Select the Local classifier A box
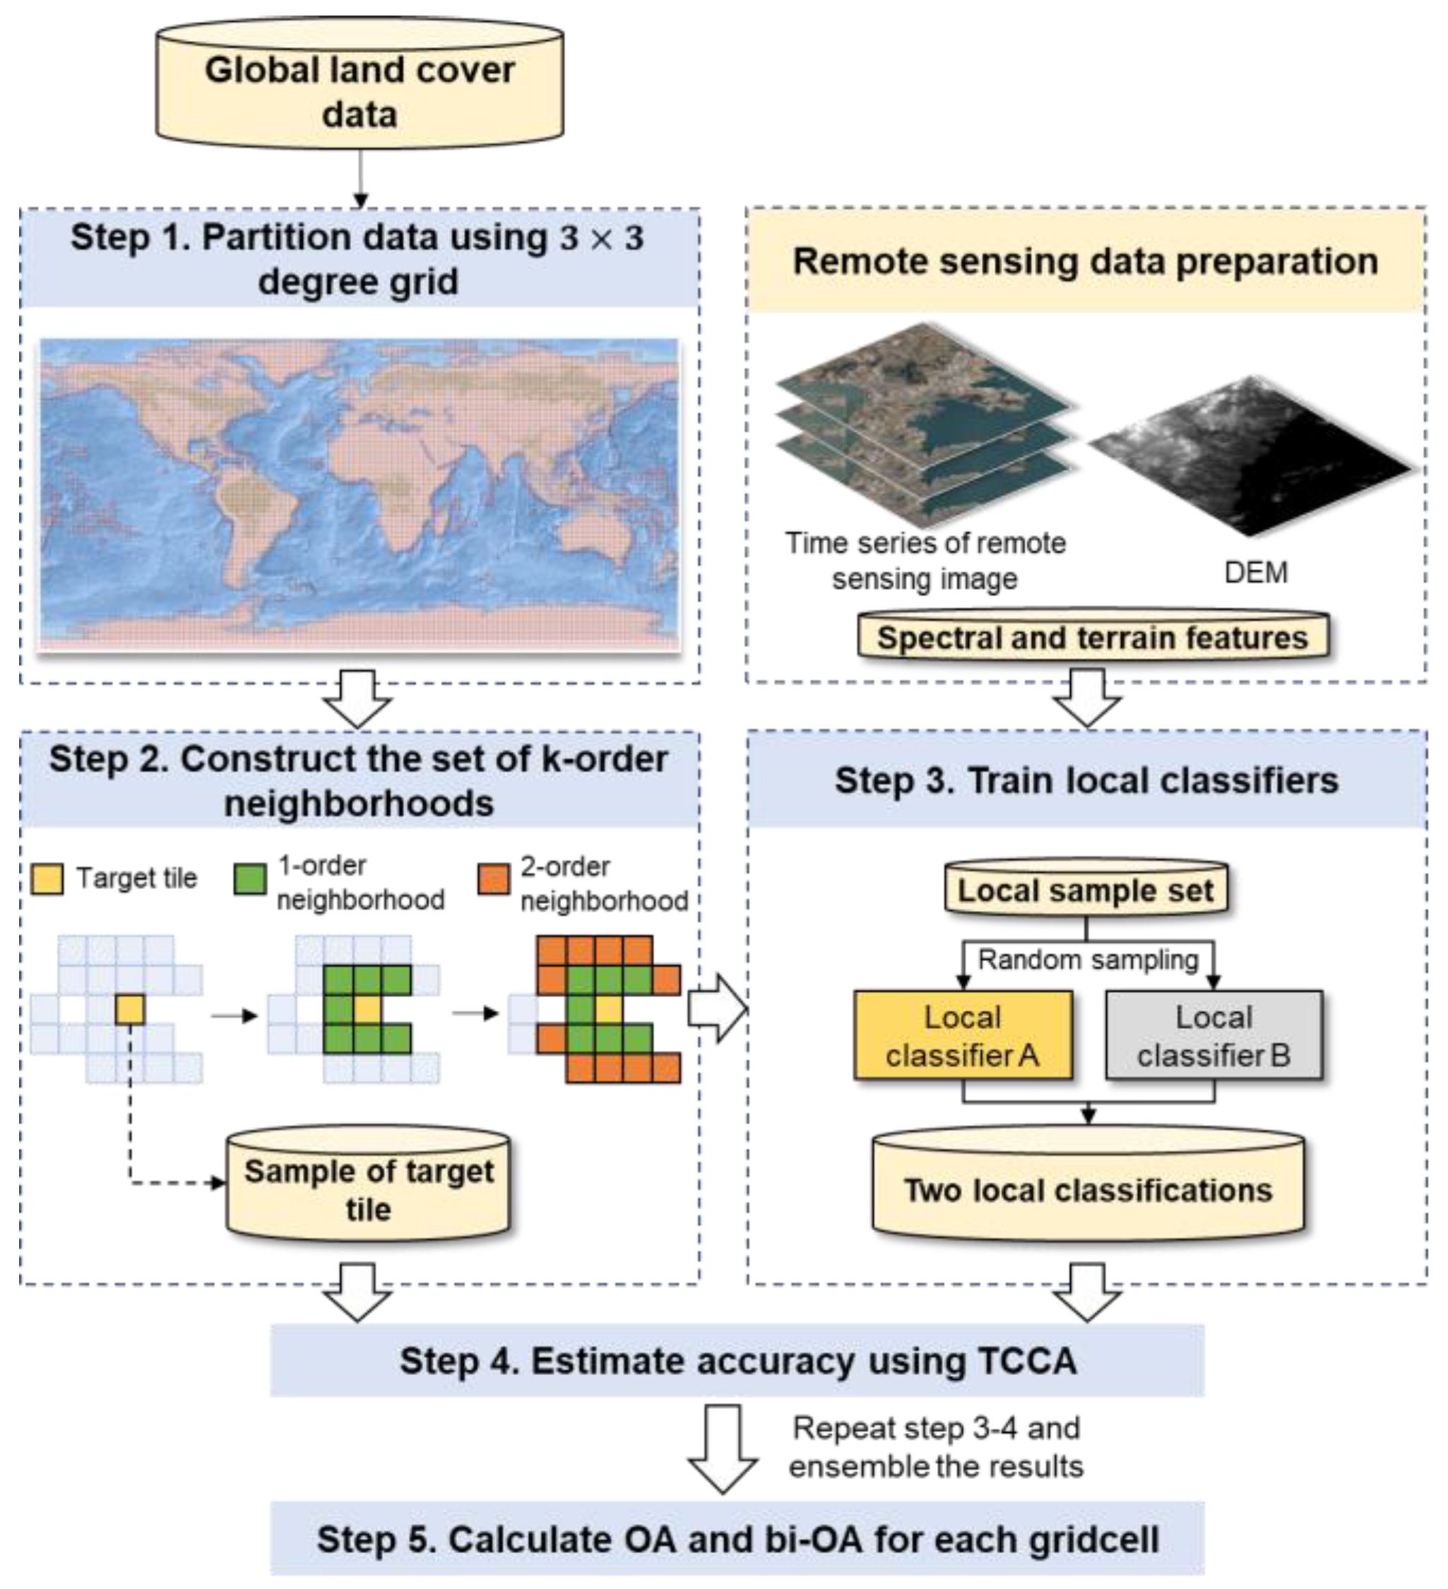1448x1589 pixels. coord(963,1035)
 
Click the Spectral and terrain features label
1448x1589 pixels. coord(1093,637)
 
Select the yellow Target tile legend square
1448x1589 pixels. coord(47,879)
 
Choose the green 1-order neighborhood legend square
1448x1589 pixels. coord(251,879)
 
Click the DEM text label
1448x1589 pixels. coord(1256,572)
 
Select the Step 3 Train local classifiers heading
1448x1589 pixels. coord(1086,780)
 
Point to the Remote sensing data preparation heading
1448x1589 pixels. coord(1086,261)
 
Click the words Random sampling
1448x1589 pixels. coord(1088,960)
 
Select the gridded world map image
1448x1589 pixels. coord(360,494)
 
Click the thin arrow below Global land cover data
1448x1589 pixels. coord(360,177)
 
